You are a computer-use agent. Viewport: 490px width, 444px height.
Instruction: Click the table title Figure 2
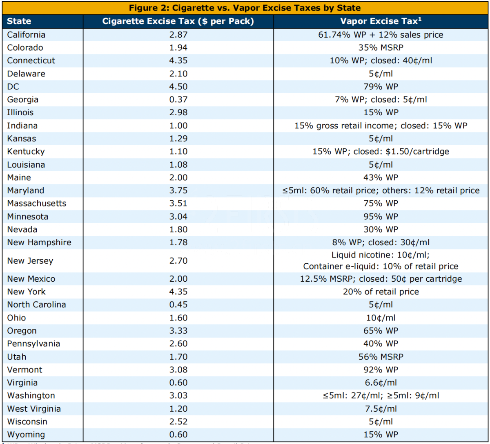point(245,8)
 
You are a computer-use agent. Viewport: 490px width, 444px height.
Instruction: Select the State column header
point(19,21)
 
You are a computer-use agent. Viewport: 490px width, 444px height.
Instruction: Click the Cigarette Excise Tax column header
point(178,21)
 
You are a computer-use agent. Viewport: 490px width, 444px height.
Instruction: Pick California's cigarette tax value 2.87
point(179,35)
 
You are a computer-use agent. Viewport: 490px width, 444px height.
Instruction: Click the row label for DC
point(13,87)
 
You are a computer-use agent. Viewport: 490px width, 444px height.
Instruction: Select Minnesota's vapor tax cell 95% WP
point(381,216)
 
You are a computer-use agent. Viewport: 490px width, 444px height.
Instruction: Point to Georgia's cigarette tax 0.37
point(179,100)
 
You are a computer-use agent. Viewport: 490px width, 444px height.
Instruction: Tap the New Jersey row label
point(30,261)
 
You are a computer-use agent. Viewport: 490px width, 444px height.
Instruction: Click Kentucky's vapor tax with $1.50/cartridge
point(381,152)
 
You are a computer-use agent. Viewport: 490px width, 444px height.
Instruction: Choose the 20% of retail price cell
point(381,292)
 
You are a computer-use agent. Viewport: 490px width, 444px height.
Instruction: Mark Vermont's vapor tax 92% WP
point(381,370)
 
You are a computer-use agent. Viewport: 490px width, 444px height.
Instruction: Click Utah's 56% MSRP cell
point(381,357)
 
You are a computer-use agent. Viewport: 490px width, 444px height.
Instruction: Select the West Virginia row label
point(34,409)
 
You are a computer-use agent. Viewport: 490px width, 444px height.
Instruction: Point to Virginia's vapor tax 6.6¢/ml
point(381,383)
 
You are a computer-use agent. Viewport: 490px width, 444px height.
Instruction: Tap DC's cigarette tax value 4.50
point(179,87)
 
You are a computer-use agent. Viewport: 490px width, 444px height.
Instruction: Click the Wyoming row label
point(26,435)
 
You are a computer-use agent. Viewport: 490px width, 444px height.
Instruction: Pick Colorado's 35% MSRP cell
point(381,48)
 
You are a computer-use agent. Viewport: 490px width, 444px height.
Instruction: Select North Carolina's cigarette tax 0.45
point(179,305)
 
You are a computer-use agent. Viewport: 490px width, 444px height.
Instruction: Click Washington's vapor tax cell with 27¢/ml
point(381,396)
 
